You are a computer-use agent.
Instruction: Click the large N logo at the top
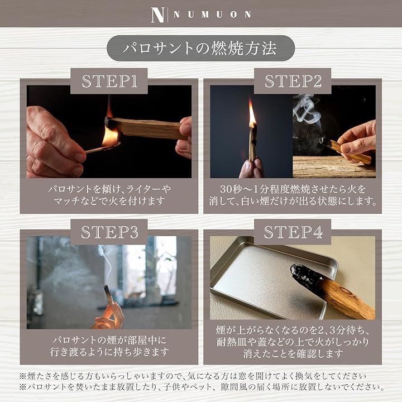click(x=157, y=15)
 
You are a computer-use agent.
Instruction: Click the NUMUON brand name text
click(x=212, y=15)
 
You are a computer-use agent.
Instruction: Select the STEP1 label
click(x=109, y=81)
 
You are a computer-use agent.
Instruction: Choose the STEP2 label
click(x=293, y=81)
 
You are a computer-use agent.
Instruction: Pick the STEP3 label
click(x=109, y=232)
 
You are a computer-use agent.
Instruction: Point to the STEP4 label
click(x=293, y=232)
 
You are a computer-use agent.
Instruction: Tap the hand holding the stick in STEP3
click(x=109, y=316)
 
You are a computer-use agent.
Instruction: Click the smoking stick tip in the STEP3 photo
click(x=107, y=290)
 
